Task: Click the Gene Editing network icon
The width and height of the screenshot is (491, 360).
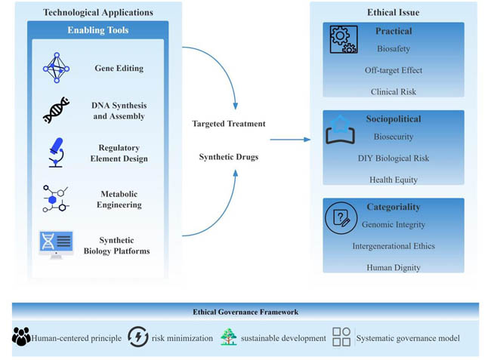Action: point(56,68)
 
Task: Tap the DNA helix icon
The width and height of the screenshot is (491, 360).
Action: point(56,110)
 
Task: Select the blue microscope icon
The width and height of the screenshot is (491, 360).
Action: point(56,153)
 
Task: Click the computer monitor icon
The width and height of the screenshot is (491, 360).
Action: point(56,243)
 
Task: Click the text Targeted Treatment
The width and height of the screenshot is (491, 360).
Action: point(229,124)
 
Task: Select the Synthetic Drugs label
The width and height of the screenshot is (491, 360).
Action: point(229,157)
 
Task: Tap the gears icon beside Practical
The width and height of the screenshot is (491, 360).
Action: point(344,39)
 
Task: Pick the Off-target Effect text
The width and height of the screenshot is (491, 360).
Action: point(393,70)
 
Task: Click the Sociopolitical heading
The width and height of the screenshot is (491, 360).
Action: point(393,119)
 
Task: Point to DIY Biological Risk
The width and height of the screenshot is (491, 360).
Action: point(393,158)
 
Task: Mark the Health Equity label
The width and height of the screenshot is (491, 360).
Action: point(393,180)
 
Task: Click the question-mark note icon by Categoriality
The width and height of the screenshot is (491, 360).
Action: point(341,218)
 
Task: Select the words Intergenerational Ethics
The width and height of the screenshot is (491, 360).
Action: point(393,246)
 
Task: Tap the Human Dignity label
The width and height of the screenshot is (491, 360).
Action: point(393,267)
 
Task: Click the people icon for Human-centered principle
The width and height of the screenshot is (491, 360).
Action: point(21,337)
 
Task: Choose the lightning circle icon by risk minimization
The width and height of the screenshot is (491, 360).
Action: point(138,337)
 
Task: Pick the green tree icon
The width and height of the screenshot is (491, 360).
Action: point(229,337)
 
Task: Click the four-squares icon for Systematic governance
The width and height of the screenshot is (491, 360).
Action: point(341,337)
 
